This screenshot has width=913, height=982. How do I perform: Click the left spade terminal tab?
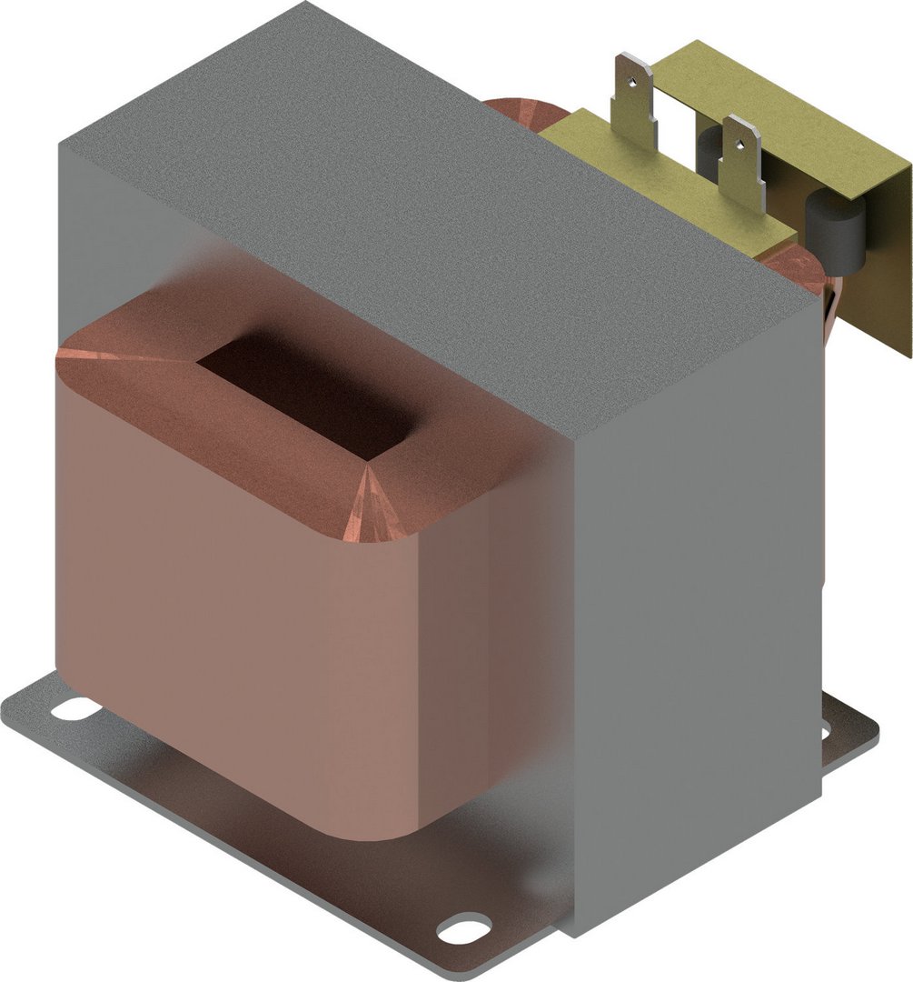pos(637,100)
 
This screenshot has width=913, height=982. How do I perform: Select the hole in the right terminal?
pos(741,140)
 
